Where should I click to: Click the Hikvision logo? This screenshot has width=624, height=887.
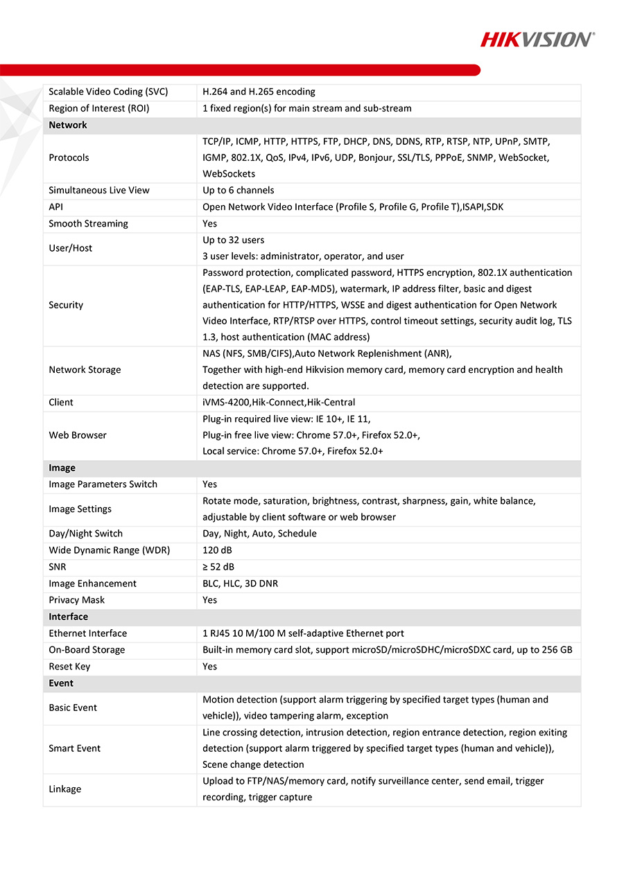point(537,39)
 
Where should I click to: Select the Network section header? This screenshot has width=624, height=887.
point(68,125)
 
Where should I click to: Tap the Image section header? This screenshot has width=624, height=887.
point(62,468)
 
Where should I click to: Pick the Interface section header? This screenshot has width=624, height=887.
point(68,617)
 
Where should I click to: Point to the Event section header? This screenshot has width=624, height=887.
point(61,683)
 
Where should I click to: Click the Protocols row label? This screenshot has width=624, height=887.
point(69,157)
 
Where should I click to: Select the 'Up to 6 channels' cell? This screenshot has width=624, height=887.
point(238,190)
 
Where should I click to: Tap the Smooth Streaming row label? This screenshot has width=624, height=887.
point(88,223)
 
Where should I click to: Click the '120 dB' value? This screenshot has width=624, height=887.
point(218,550)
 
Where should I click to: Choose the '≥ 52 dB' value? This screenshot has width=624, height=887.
point(218,567)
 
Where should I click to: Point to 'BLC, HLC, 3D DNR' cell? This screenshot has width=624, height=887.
point(240,583)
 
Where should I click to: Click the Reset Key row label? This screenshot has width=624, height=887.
point(69,667)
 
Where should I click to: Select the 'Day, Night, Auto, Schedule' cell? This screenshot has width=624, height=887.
point(259,534)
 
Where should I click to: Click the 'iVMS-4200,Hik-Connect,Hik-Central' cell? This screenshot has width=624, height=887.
point(279,402)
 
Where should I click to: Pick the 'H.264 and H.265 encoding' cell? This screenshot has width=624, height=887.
point(259,91)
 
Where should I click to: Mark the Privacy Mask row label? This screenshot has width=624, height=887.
point(76,600)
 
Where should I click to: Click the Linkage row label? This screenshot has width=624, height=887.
point(64,789)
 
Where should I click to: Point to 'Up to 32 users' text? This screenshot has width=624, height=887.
point(233,240)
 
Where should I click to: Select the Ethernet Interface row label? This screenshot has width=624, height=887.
point(87,633)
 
